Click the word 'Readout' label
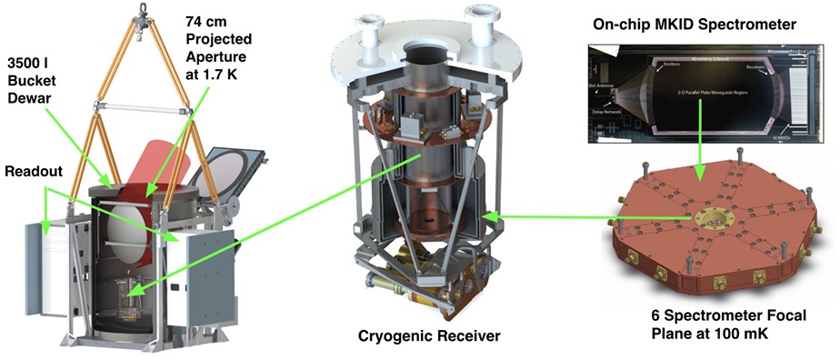pyautogui.click(x=35, y=171)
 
